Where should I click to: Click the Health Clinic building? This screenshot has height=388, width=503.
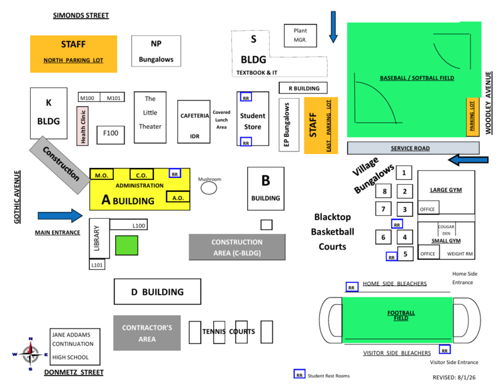tap(82, 126)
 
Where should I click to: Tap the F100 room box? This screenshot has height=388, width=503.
tap(111, 135)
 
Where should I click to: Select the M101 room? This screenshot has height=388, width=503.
tap(113, 97)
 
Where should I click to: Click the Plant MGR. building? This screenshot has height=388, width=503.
tap(301, 36)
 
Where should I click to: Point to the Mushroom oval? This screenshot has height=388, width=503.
tap(209, 188)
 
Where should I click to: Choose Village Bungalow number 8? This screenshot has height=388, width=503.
tap(384, 191)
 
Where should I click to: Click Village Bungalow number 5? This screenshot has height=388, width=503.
tap(405, 254)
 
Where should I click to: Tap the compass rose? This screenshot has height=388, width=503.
tap(30, 354)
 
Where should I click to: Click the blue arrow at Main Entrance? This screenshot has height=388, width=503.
tap(60, 216)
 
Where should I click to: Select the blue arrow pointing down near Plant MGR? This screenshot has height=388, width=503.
tap(333, 27)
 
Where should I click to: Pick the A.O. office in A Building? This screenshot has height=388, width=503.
tap(178, 197)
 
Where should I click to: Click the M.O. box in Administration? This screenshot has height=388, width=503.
tap(101, 174)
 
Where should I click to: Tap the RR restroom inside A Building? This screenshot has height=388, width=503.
tap(175, 174)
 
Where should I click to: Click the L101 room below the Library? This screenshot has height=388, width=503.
tap(97, 265)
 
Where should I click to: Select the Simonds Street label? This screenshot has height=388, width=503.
tap(81, 15)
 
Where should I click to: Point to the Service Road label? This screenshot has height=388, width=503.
tap(411, 148)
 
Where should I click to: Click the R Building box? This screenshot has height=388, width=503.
tap(303, 88)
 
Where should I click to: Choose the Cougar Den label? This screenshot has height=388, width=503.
tap(446, 230)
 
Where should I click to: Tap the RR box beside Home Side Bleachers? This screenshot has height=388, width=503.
tap(351, 287)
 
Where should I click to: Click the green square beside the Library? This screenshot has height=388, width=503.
tap(127, 245)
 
